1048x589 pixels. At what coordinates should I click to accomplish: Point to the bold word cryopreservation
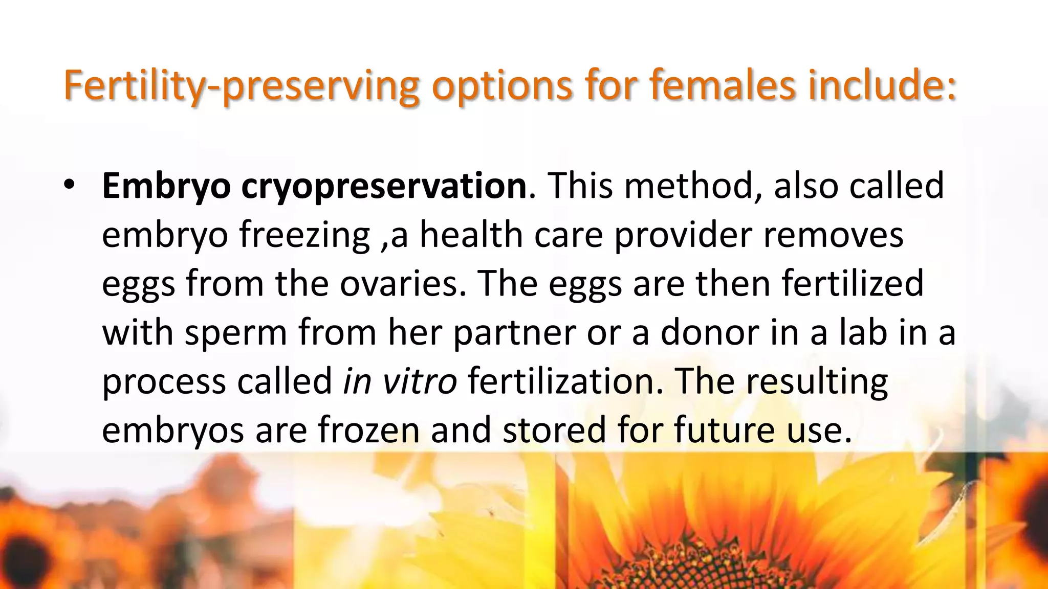pyautogui.click(x=384, y=186)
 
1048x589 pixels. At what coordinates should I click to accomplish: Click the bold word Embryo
pyautogui.click(x=166, y=186)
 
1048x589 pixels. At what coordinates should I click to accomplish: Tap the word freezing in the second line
pyautogui.click(x=304, y=235)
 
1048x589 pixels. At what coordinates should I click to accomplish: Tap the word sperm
pyautogui.click(x=236, y=333)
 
